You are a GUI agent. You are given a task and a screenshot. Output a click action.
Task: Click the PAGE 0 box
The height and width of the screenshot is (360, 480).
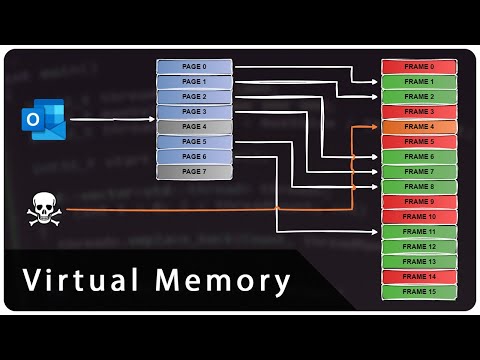[x=194, y=66]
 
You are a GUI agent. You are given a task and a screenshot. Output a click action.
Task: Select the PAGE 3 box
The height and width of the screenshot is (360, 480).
[x=194, y=112]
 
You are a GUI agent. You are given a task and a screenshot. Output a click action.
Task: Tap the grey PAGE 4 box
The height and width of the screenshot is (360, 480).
[x=194, y=127]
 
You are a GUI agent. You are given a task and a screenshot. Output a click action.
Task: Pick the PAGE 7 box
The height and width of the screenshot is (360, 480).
[x=194, y=172]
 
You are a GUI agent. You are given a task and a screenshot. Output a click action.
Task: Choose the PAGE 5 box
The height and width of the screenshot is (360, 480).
[x=194, y=142]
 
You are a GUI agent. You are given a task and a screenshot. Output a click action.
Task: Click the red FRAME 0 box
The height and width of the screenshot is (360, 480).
[x=419, y=66]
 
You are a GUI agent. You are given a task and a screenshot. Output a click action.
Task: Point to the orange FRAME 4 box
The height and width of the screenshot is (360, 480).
[x=419, y=127]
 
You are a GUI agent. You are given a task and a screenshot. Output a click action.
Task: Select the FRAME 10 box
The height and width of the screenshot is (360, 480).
[x=419, y=217]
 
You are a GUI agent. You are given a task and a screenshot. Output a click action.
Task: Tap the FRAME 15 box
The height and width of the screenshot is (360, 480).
[x=419, y=292]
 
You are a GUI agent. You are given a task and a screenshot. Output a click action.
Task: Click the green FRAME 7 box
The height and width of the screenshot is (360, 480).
[x=419, y=172]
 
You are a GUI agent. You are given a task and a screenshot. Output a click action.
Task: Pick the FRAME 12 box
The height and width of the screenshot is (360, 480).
[x=419, y=247]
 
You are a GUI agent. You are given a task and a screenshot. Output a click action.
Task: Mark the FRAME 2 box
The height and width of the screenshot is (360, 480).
[x=419, y=97]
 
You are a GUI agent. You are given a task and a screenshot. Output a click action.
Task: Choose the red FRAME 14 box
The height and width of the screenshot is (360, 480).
[x=419, y=277]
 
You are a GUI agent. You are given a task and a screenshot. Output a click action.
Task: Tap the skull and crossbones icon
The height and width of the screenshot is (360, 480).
[x=43, y=207]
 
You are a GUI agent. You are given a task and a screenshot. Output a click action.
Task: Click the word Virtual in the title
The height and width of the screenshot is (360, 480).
[x=77, y=281]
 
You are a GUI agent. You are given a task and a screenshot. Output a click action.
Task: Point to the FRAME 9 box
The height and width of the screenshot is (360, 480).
[x=419, y=202]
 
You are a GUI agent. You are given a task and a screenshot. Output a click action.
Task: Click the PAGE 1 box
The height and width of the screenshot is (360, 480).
[x=194, y=82]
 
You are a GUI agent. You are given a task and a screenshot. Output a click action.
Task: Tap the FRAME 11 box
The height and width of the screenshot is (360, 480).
[x=419, y=232]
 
